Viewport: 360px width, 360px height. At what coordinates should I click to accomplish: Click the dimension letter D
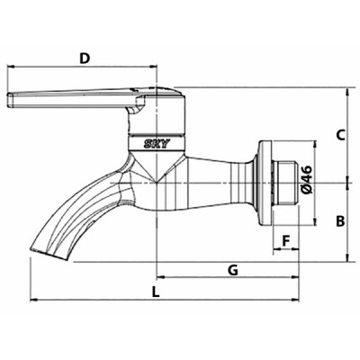pos(85,58)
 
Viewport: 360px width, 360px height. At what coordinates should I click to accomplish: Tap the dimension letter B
pos(340,220)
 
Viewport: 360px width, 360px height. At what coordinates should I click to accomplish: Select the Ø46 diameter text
pos(306,179)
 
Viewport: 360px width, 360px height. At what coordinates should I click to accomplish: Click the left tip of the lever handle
pos(11,100)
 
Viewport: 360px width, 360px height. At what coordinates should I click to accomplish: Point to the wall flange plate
pos(262,183)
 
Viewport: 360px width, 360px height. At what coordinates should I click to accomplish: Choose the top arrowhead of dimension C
pos(346,91)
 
